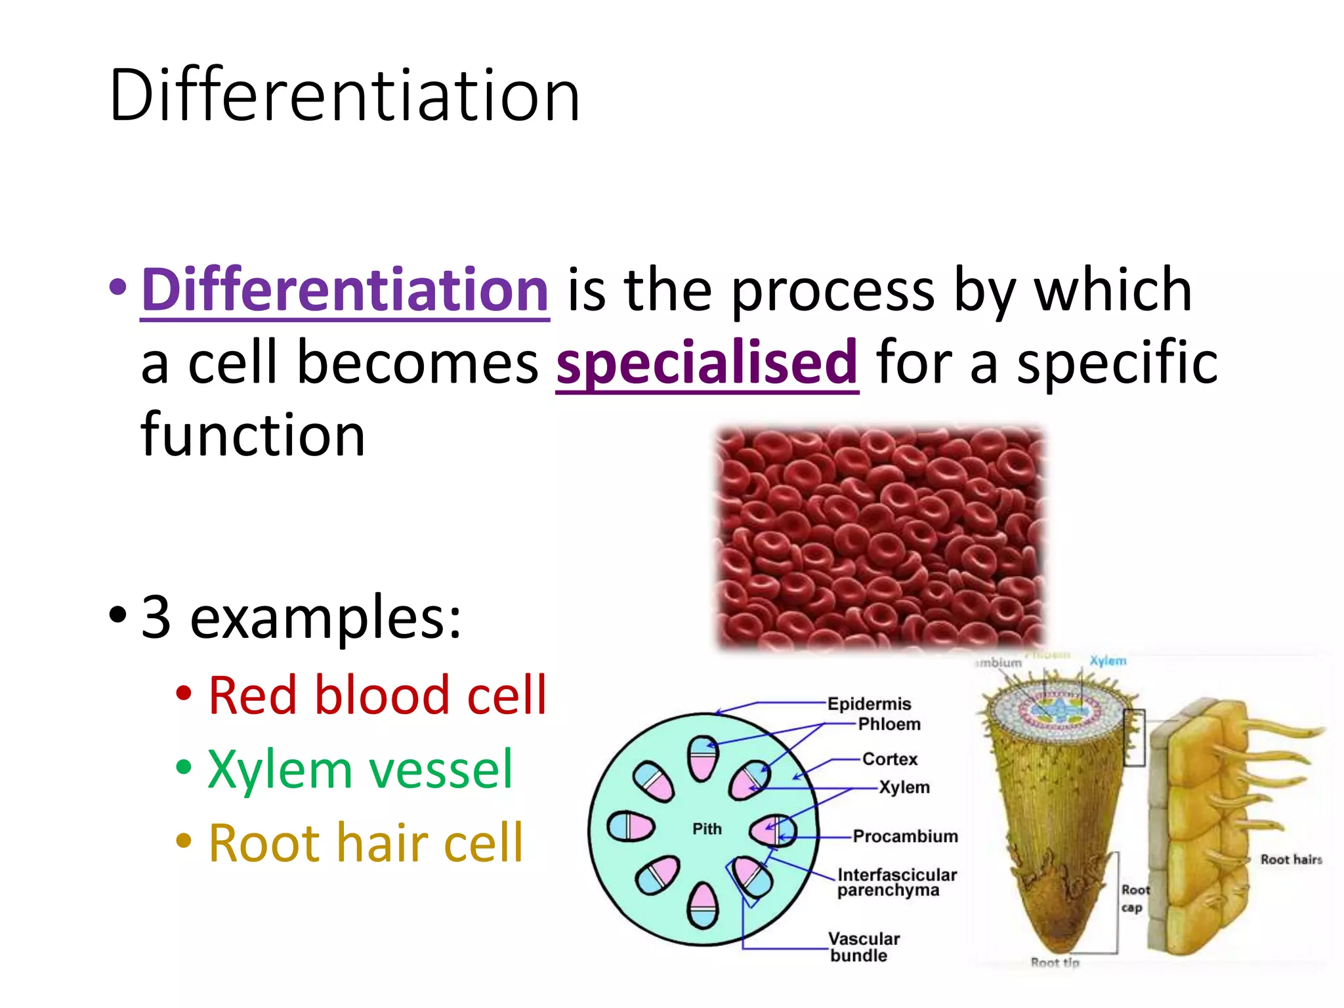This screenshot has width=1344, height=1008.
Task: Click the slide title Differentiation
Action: tap(345, 96)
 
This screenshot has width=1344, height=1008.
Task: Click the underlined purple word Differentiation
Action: tap(345, 291)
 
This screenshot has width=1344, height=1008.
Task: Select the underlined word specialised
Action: tap(707, 363)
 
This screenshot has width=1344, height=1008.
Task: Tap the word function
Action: tap(253, 435)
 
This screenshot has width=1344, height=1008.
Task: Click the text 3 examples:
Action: tap(301, 617)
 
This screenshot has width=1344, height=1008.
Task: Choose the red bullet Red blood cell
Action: tap(377, 696)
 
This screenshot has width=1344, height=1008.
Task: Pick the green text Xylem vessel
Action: tap(360, 769)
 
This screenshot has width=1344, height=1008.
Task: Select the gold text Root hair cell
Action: tap(366, 843)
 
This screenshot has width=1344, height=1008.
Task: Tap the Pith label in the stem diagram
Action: tap(707, 829)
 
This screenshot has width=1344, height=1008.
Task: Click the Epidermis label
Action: tap(869, 704)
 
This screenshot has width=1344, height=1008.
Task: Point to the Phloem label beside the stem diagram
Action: tap(889, 724)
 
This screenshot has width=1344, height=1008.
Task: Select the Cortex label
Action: tap(890, 759)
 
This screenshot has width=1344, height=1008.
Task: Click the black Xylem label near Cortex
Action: tap(904, 787)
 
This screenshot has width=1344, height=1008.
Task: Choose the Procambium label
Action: tap(905, 837)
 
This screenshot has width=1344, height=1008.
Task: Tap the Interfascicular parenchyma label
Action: tap(896, 883)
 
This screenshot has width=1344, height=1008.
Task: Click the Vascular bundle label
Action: tap(863, 947)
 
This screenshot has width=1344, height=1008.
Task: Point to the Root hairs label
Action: tap(1291, 860)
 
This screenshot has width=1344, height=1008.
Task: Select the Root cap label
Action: tap(1134, 899)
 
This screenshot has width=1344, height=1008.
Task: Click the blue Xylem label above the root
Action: tap(1108, 661)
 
